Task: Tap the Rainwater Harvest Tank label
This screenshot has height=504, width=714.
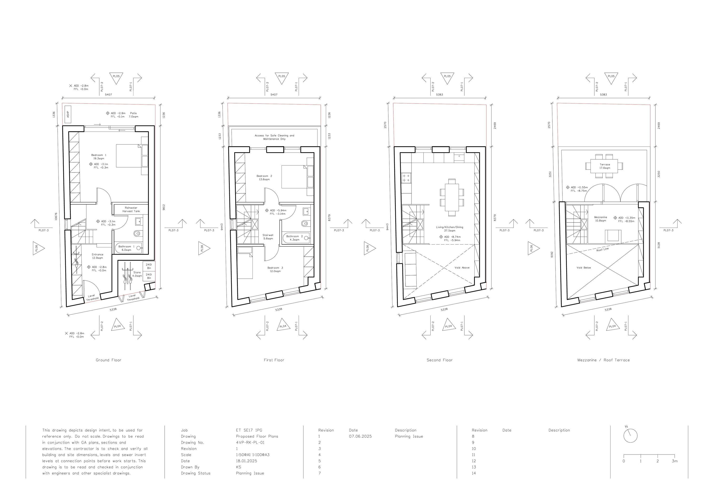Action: click(x=131, y=210)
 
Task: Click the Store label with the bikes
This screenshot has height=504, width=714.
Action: click(x=137, y=274)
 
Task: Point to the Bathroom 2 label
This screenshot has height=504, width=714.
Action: click(x=294, y=238)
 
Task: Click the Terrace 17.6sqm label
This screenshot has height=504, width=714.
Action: click(x=605, y=166)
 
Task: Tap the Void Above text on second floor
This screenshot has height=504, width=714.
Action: click(x=462, y=268)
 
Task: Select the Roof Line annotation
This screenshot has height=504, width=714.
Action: click(x=602, y=249)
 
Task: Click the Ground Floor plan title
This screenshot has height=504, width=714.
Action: click(x=108, y=360)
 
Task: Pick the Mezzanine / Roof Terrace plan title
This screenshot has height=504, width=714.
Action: click(x=603, y=360)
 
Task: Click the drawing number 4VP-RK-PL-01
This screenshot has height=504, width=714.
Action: click(x=250, y=442)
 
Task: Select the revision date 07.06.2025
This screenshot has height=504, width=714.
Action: click(x=360, y=436)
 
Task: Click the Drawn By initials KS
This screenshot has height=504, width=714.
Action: click(x=238, y=467)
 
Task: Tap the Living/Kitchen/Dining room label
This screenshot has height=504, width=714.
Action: click(x=449, y=229)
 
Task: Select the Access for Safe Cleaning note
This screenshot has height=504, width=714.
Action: click(x=274, y=137)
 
